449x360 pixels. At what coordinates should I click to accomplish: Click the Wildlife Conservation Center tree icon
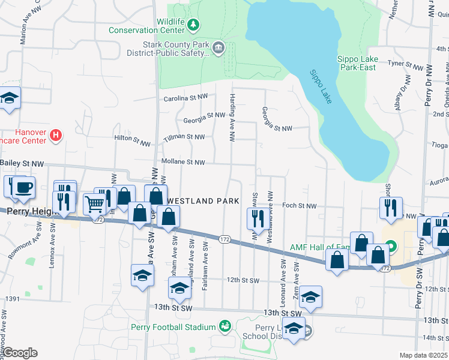point(193,25)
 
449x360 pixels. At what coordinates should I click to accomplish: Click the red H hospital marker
point(55,136)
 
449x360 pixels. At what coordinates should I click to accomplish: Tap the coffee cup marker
point(23,188)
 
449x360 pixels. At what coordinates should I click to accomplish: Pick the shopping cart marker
point(95,205)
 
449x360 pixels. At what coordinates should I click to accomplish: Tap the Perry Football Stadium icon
point(225,326)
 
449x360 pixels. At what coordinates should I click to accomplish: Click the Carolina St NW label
point(185,97)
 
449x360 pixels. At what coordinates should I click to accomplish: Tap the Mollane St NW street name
point(183,162)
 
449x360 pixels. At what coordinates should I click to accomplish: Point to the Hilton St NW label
point(132,140)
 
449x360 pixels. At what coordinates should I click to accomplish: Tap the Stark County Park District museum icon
point(218,47)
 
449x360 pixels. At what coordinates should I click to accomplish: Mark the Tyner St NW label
point(405,63)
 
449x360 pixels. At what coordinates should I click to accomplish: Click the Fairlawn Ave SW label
point(205,267)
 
